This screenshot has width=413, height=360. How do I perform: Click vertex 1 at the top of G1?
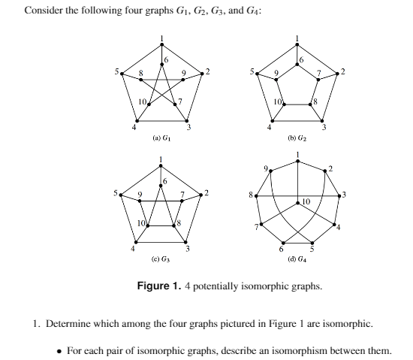(x=161, y=43)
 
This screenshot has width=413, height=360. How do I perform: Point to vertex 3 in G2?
(x=324, y=121)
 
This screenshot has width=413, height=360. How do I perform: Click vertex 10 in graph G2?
(x=282, y=105)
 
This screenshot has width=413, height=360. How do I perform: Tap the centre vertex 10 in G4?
(x=298, y=202)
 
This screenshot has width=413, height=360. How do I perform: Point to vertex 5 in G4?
(x=313, y=244)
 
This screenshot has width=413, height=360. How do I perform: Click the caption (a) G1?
(x=161, y=138)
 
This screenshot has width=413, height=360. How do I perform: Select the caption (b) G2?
(x=299, y=138)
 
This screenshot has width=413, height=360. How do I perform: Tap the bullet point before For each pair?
(x=60, y=351)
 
